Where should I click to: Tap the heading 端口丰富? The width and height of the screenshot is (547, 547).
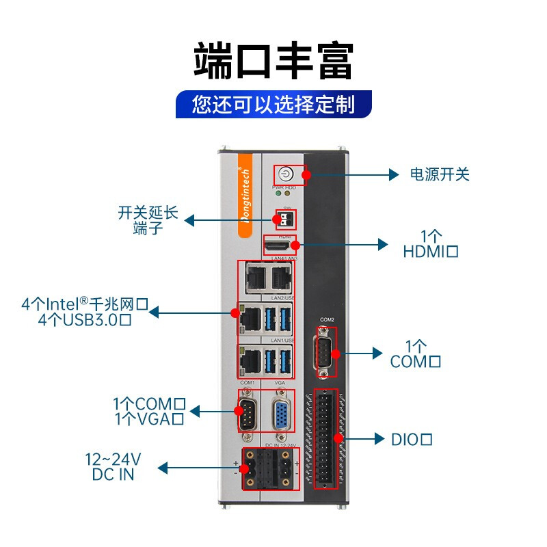(273, 61)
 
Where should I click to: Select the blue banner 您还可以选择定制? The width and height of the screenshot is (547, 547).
(273, 105)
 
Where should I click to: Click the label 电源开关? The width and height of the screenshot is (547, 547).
(440, 174)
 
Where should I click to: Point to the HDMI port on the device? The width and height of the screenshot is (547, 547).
(278, 245)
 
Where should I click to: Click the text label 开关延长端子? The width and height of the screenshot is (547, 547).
(148, 220)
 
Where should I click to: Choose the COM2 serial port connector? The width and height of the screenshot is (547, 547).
(326, 353)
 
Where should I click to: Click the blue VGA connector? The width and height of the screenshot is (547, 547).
(280, 415)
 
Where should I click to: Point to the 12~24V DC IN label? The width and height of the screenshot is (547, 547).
(113, 466)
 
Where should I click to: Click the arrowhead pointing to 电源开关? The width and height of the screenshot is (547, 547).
(394, 174)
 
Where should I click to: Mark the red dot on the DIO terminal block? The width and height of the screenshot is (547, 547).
(338, 438)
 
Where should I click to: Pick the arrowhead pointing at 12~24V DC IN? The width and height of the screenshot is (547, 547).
(163, 468)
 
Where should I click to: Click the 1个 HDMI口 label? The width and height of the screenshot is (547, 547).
(430, 243)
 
